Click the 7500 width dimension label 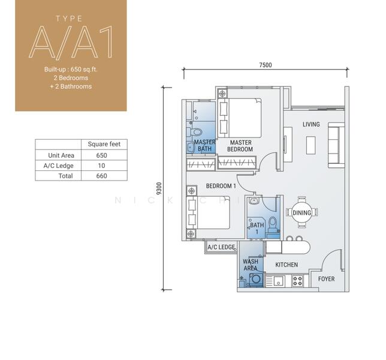(266, 65)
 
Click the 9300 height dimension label (159, 188)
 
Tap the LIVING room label (311, 124)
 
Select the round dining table (302, 212)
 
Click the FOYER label (326, 279)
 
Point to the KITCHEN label (287, 265)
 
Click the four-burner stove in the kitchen (297, 281)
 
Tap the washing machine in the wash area (256, 280)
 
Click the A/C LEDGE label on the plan (221, 247)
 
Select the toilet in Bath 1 (273, 225)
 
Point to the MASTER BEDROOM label (240, 146)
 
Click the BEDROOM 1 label (221, 186)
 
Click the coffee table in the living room (311, 145)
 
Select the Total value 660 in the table (101, 176)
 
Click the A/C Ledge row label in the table (58, 166)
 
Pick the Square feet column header (104, 144)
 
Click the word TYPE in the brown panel (69, 19)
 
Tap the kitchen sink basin (279, 281)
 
